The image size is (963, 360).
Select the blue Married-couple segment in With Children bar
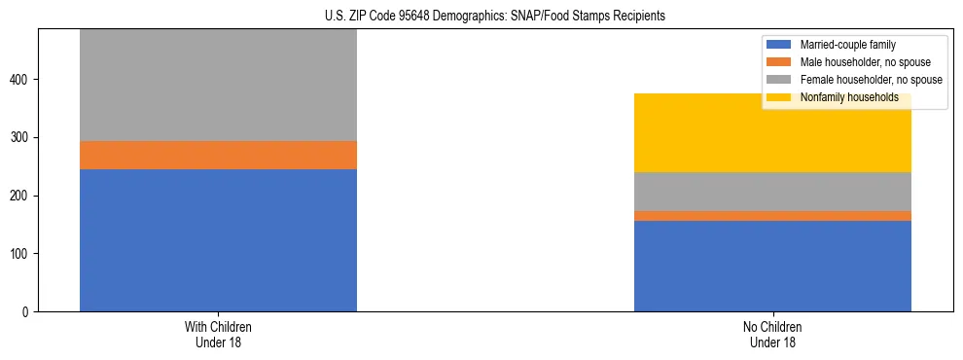pyautogui.click(x=218, y=240)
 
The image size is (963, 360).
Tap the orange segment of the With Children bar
pyautogui.click(x=218, y=155)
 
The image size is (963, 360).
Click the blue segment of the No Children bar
pyautogui.click(x=772, y=266)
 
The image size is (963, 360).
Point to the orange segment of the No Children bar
pyautogui.click(x=772, y=216)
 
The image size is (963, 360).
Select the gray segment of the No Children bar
pyautogui.click(x=772, y=192)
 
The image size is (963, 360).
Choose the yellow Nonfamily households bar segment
pyautogui.click(x=772, y=133)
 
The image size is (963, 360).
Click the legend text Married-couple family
pyautogui.click(x=847, y=45)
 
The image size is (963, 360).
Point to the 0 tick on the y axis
pyautogui.click(x=28, y=312)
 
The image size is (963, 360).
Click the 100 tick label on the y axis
pyautogui.click(x=22, y=254)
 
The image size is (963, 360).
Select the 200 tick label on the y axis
pyautogui.click(x=22, y=196)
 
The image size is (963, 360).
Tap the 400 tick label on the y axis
pyautogui.click(x=22, y=79)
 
